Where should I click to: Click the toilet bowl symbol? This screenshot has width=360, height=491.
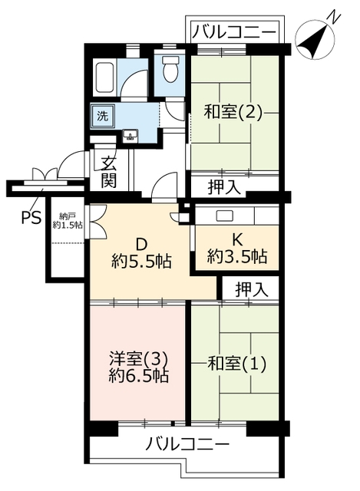click(170, 70)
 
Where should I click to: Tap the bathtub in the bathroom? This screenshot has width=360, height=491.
click(104, 77)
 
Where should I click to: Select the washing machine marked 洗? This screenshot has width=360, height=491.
click(103, 117)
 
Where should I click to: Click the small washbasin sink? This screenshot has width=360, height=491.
click(130, 136)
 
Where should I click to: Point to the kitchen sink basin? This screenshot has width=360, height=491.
click(224, 216)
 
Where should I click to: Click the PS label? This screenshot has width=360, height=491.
click(31, 217)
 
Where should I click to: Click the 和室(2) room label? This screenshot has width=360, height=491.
click(233, 112)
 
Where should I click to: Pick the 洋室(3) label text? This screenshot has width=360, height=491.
click(139, 359)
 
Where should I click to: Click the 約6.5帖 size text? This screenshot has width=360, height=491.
click(139, 375)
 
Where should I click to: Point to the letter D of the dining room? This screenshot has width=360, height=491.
click(141, 245)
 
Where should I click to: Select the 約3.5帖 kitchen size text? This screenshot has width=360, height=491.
click(237, 256)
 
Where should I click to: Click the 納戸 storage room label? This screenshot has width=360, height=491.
click(67, 216)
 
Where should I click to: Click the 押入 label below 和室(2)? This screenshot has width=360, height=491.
click(224, 187)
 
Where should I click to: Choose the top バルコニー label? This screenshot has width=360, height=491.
click(234, 32)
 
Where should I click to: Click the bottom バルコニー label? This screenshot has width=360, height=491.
click(187, 444)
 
